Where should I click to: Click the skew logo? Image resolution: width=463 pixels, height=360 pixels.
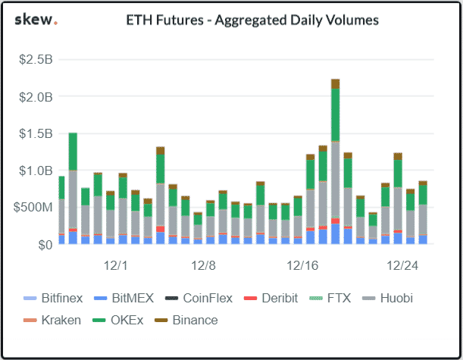pyautogui.click(x=36, y=20)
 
